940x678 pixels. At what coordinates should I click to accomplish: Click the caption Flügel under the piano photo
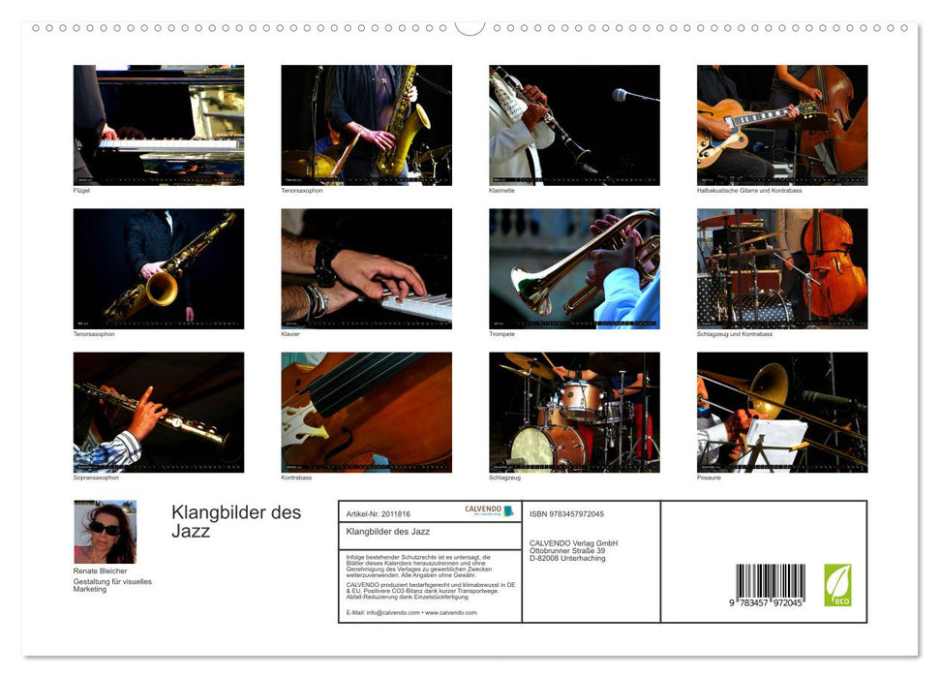click(81, 191)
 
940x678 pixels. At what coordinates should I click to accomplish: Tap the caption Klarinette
click(502, 191)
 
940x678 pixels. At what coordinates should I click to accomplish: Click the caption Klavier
click(290, 334)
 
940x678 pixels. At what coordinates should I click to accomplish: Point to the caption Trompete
click(501, 334)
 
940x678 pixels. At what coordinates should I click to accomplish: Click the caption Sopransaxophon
click(96, 478)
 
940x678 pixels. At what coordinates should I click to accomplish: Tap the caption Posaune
click(709, 478)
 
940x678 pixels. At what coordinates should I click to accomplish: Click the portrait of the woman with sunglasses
click(105, 532)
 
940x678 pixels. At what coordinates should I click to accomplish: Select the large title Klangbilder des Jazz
click(236, 521)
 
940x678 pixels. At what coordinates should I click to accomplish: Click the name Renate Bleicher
click(100, 571)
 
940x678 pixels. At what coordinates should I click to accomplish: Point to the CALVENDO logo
click(483, 510)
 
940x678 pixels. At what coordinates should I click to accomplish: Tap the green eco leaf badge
click(837, 585)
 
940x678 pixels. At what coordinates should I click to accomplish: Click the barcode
click(770, 585)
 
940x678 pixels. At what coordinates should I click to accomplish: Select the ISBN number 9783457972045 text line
click(566, 514)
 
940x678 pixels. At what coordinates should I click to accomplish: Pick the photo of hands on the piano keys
click(366, 269)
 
